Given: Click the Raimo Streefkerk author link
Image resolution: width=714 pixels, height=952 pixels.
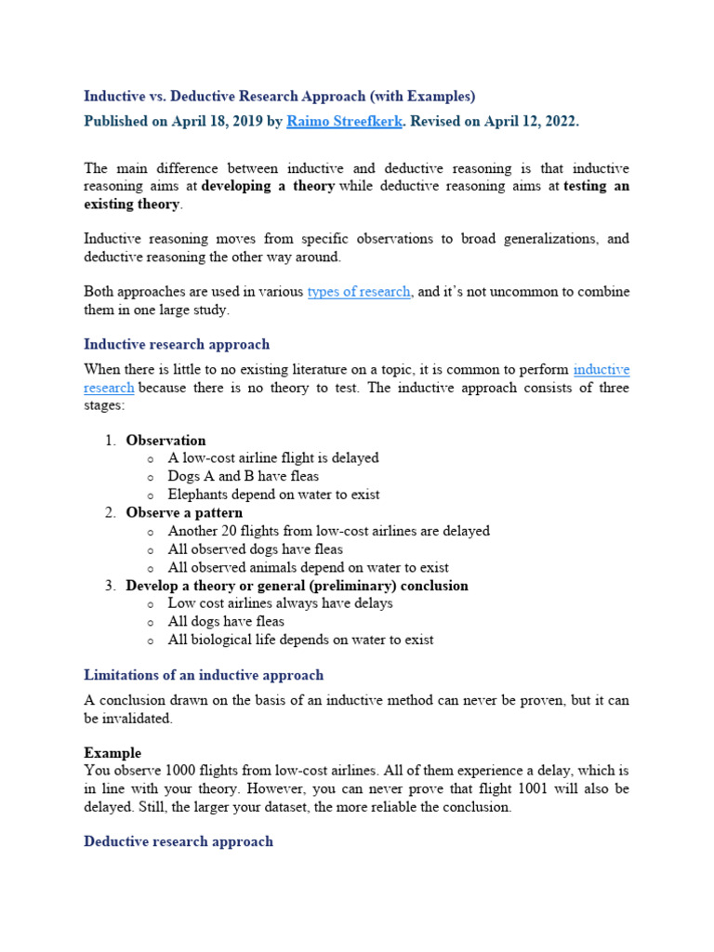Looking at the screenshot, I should tap(331, 122).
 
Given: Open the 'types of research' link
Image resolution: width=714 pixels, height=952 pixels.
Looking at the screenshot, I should tap(359, 292).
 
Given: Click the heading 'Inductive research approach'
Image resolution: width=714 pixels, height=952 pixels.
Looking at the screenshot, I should tap(177, 344).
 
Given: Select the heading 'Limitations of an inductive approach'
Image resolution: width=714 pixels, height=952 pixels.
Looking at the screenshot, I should tap(204, 675).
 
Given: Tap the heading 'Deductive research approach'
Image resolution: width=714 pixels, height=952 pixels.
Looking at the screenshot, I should tap(178, 841).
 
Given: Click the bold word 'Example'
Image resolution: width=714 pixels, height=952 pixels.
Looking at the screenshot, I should tap(112, 752).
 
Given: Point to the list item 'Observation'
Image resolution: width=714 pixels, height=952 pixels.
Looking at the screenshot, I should tap(165, 440).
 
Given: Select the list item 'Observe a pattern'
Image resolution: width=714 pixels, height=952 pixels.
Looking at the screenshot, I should tap(184, 512).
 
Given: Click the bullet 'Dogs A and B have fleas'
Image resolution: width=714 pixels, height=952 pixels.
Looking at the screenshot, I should tap(243, 476).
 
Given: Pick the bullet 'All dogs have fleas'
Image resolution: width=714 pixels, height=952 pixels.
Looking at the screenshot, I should tap(226, 621).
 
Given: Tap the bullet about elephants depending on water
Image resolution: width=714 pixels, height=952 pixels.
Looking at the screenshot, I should tap(273, 495).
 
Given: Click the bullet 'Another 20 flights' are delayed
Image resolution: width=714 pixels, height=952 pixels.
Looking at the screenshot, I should tap(328, 531).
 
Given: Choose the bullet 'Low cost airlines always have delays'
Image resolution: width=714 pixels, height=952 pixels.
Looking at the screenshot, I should tap(280, 602).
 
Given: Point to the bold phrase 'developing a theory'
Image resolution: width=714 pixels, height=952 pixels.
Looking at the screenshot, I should tap(267, 187).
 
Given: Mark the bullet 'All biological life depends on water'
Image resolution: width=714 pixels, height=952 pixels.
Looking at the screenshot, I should tap(300, 640).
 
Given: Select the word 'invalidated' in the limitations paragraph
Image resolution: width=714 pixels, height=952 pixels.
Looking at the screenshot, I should tap(139, 718).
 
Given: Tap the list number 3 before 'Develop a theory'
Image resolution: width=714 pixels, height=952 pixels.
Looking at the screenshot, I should tap(110, 586).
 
